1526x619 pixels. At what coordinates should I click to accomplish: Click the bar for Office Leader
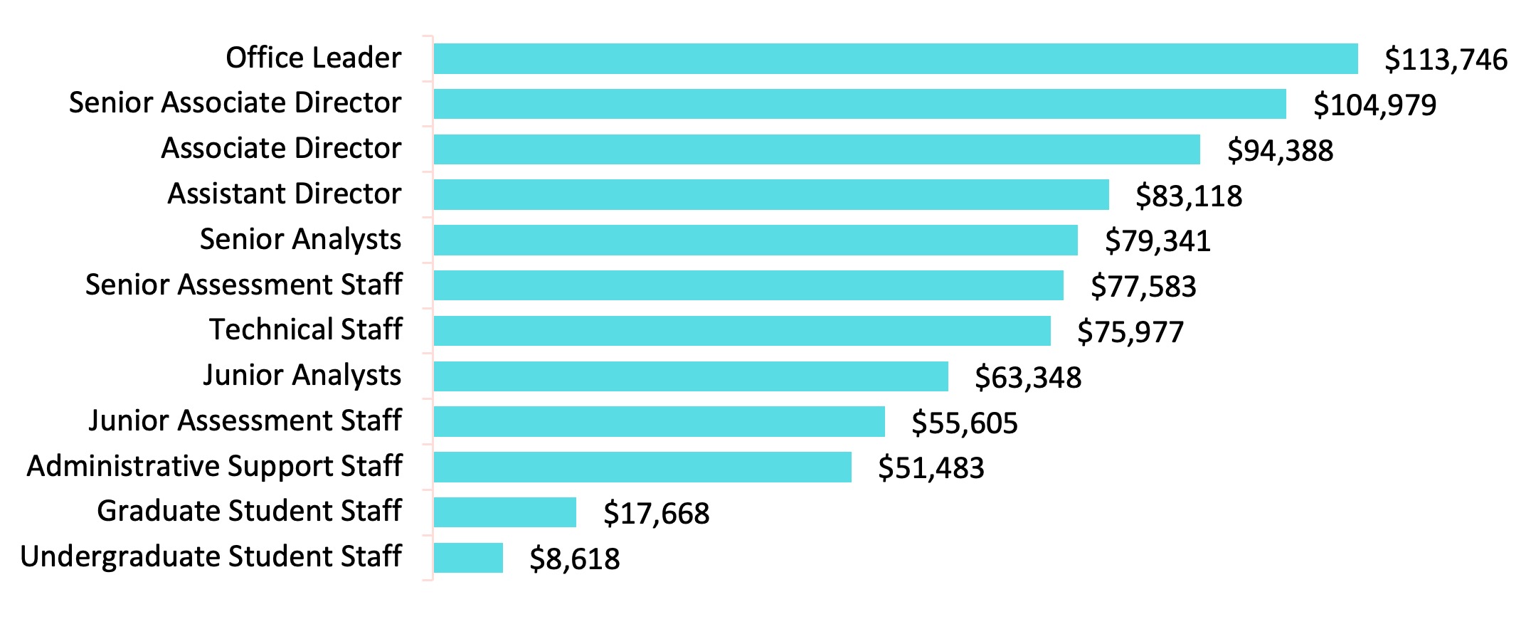[895, 58]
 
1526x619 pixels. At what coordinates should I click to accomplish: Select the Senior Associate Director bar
[859, 104]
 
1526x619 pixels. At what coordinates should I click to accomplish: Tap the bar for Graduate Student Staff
[504, 512]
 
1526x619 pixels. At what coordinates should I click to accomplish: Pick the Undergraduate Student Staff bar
[468, 558]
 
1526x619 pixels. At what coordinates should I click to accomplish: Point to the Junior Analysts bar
[690, 376]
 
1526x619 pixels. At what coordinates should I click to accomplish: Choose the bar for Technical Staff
[741, 331]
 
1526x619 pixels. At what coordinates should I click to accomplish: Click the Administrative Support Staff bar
[642, 467]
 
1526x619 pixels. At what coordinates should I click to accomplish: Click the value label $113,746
[1445, 60]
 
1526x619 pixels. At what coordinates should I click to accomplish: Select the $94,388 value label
[1280, 150]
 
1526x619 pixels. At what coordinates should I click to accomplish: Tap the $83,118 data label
[1188, 196]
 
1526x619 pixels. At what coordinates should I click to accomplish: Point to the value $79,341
[1157, 241]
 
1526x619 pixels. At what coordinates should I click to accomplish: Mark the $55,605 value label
[964, 423]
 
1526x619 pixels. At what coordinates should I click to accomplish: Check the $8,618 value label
[574, 559]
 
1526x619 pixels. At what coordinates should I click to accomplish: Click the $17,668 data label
[656, 513]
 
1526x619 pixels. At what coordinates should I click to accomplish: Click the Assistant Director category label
[284, 194]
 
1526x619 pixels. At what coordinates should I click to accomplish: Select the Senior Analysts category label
[300, 239]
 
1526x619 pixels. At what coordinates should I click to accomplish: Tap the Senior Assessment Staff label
[243, 285]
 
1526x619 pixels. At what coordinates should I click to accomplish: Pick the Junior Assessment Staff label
[245, 420]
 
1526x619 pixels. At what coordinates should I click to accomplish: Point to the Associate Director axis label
[281, 148]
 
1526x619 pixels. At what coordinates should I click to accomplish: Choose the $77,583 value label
[1143, 286]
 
